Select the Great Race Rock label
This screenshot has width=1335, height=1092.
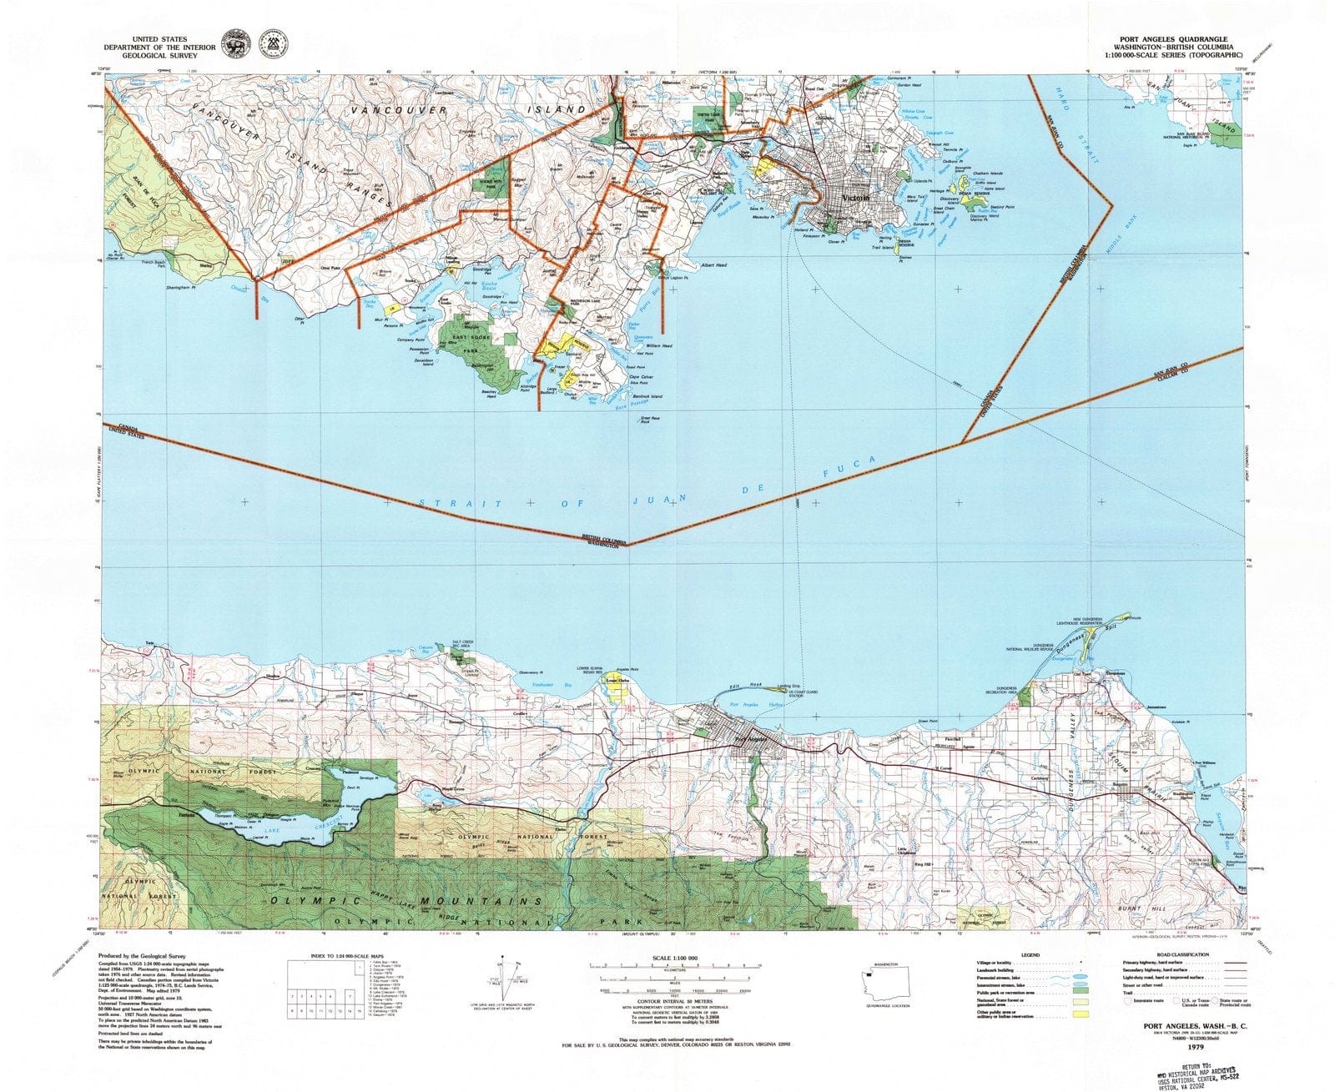point(644,420)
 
